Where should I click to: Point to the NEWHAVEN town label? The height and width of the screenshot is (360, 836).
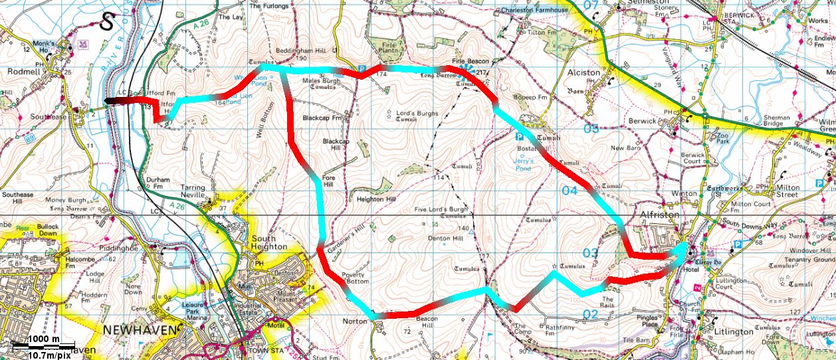pyautogui.click(x=140, y=330)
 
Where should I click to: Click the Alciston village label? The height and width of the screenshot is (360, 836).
pyautogui.click(x=584, y=72)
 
